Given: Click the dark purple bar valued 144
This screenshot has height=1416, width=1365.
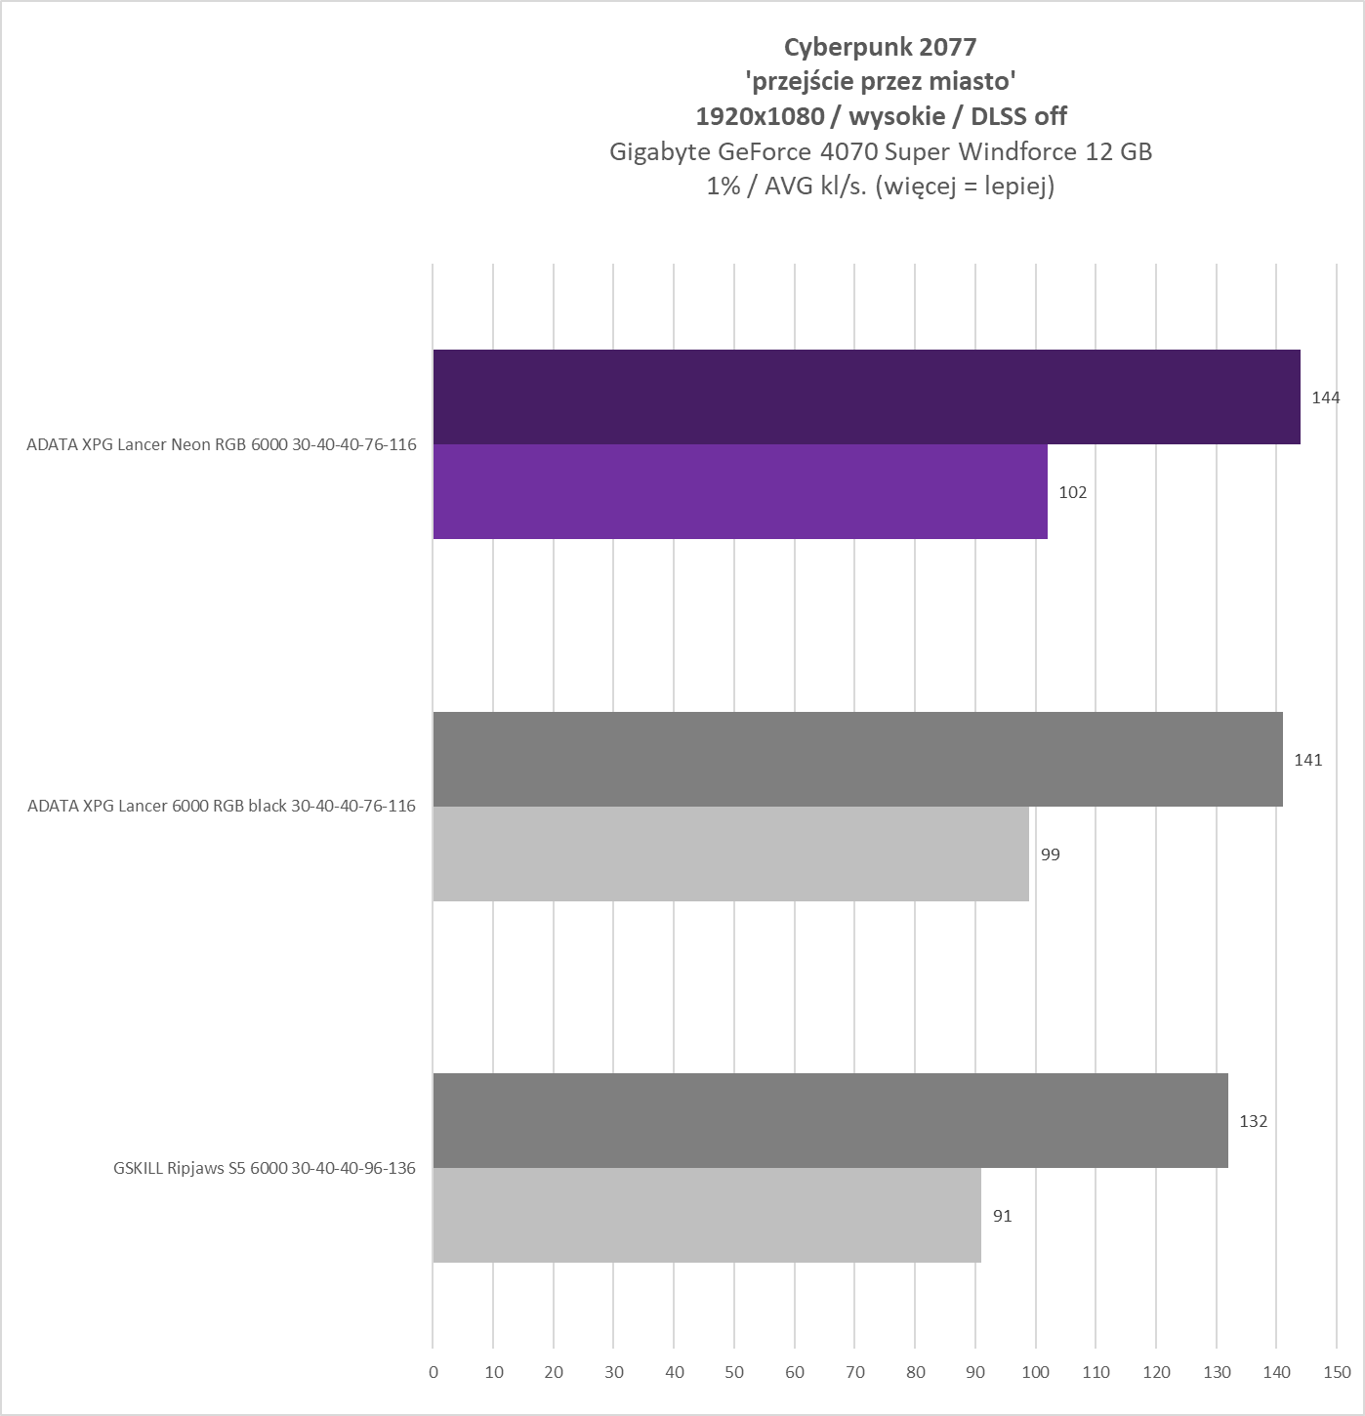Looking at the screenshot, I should pyautogui.click(x=866, y=396).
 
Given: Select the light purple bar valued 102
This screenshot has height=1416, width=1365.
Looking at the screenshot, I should pyautogui.click(x=740, y=491).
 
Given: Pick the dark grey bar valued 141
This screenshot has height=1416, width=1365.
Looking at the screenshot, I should pyautogui.click(x=857, y=759).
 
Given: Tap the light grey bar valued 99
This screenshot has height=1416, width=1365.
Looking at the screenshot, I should pyautogui.click(x=730, y=854).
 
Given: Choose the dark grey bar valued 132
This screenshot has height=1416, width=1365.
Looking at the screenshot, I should pyautogui.click(x=830, y=1120).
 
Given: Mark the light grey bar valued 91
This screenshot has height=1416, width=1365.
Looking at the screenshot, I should pyautogui.click(x=707, y=1215).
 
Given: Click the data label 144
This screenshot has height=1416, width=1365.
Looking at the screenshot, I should pyautogui.click(x=1326, y=397).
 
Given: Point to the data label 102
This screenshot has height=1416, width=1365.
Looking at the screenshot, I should pyautogui.click(x=1072, y=492).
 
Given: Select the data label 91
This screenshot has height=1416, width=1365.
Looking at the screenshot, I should pyautogui.click(x=1003, y=1216).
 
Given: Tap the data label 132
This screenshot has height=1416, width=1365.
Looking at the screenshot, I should pyautogui.click(x=1253, y=1121).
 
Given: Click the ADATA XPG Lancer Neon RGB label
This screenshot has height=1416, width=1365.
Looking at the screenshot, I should pyautogui.click(x=222, y=444).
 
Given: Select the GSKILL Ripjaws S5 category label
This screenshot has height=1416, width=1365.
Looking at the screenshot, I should pyautogui.click(x=265, y=1168).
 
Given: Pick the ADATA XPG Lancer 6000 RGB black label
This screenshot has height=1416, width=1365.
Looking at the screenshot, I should pyautogui.click(x=222, y=807).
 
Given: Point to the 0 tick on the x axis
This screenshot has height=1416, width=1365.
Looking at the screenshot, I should pyautogui.click(x=434, y=1372).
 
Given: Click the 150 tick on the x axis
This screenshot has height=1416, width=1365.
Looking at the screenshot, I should pyautogui.click(x=1337, y=1372).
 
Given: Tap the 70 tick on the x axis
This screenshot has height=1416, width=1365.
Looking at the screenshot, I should pyautogui.click(x=855, y=1372).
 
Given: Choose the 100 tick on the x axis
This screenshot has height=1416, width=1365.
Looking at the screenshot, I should pyautogui.click(x=1036, y=1372).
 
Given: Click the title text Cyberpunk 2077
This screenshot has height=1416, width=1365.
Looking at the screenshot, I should pyautogui.click(x=880, y=46).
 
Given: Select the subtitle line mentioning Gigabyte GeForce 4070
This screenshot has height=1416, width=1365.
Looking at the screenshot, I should pyautogui.click(x=880, y=151).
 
